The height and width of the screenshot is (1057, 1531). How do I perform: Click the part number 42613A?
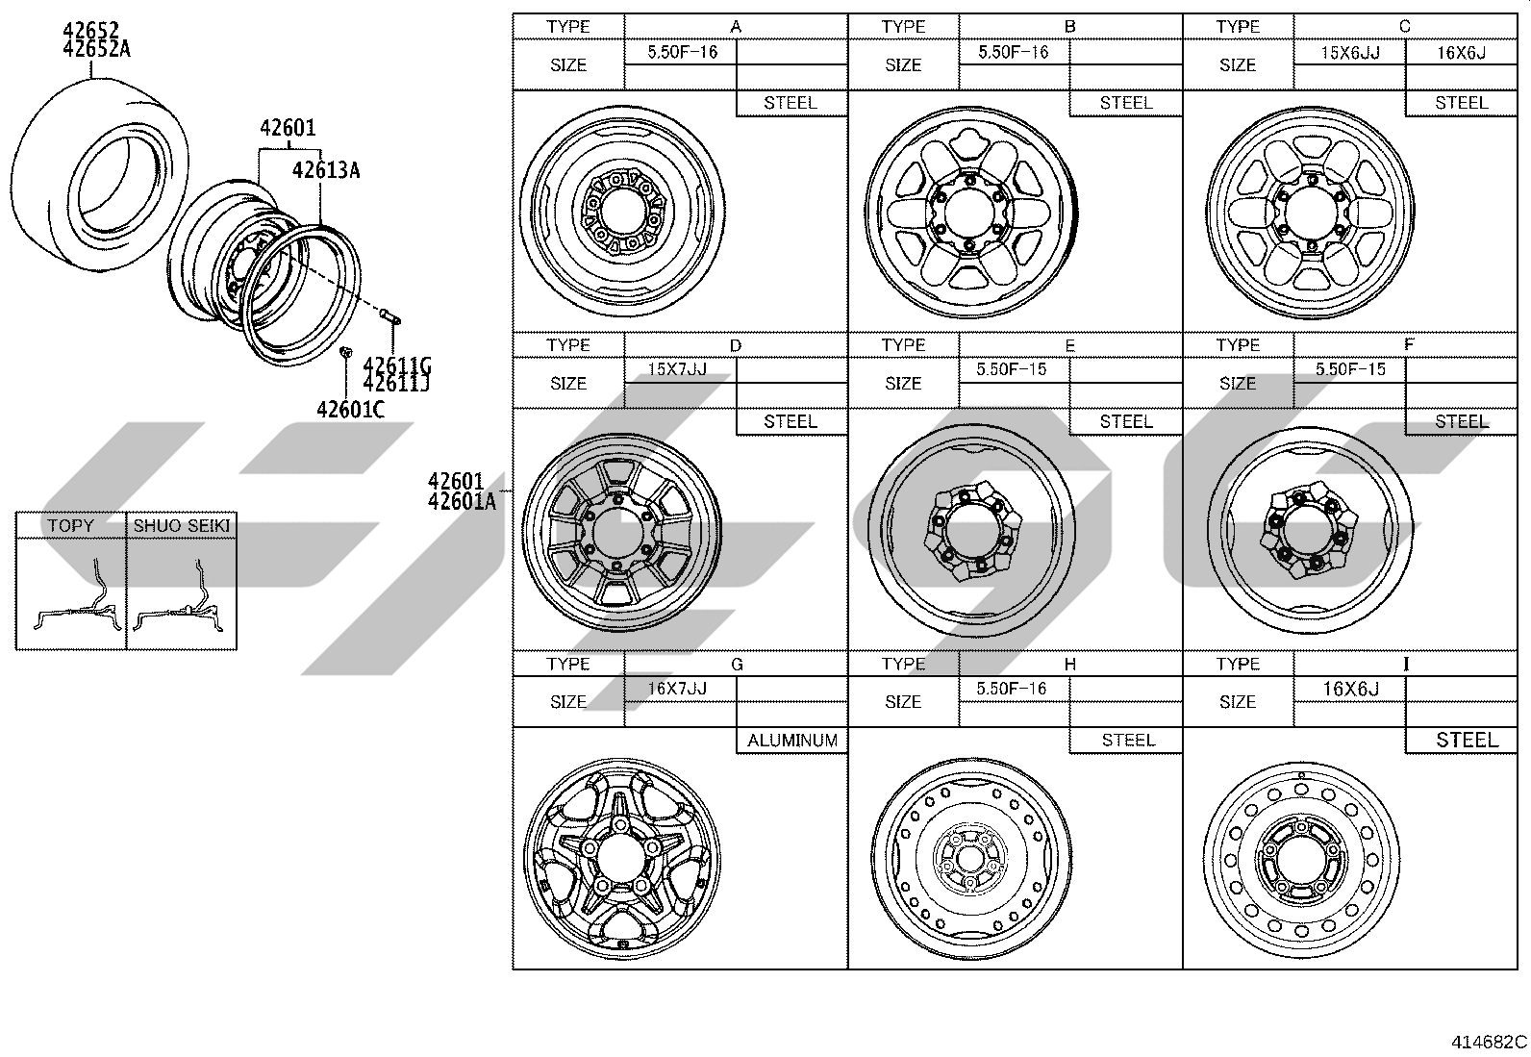[326, 170]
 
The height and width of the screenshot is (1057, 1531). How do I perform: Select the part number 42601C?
[351, 410]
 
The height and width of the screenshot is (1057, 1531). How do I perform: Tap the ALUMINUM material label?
[792, 741]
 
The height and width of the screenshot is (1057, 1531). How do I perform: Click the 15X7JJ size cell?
[677, 369]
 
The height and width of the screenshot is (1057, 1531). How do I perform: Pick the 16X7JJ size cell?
[677, 688]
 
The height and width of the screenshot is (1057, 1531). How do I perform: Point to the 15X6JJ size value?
[1350, 53]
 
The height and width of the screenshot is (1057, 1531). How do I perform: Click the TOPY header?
[70, 525]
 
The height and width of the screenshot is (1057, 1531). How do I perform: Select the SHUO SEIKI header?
[182, 525]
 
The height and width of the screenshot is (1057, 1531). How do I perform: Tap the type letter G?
[737, 664]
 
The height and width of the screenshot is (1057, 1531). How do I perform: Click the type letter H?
[1070, 664]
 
